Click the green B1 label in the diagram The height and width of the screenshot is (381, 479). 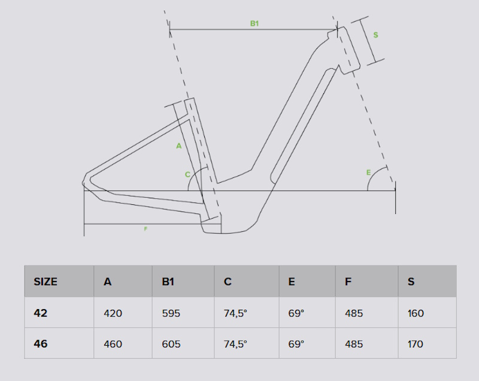pyautogui.click(x=254, y=23)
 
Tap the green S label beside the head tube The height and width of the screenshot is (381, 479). pyautogui.click(x=376, y=35)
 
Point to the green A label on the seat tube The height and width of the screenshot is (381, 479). pyautogui.click(x=178, y=146)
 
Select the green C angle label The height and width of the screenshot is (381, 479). pyautogui.click(x=187, y=174)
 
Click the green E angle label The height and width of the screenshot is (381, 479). pyautogui.click(x=368, y=173)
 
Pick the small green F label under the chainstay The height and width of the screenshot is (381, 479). pyautogui.click(x=145, y=229)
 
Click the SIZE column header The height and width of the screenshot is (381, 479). pyautogui.click(x=46, y=282)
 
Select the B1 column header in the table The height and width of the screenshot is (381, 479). pyautogui.click(x=168, y=282)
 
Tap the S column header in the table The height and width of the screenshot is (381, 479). pyautogui.click(x=411, y=282)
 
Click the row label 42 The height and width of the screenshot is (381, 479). pyautogui.click(x=41, y=313)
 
